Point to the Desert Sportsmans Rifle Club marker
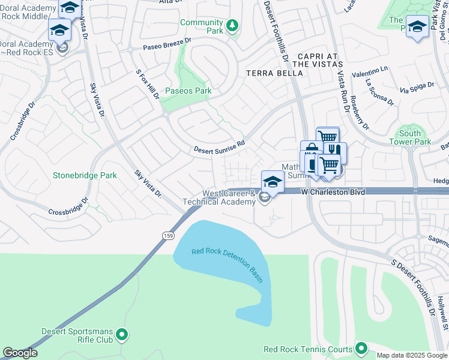coord(122,334)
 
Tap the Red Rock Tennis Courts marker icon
coord(361,349)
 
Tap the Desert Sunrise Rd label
coord(219,146)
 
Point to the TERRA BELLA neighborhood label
coord(271,73)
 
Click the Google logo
coord(20,353)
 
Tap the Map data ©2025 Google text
coord(412,355)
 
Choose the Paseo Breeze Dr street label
coord(166,45)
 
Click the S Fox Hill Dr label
coord(147,85)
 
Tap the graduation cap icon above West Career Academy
coord(273,181)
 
